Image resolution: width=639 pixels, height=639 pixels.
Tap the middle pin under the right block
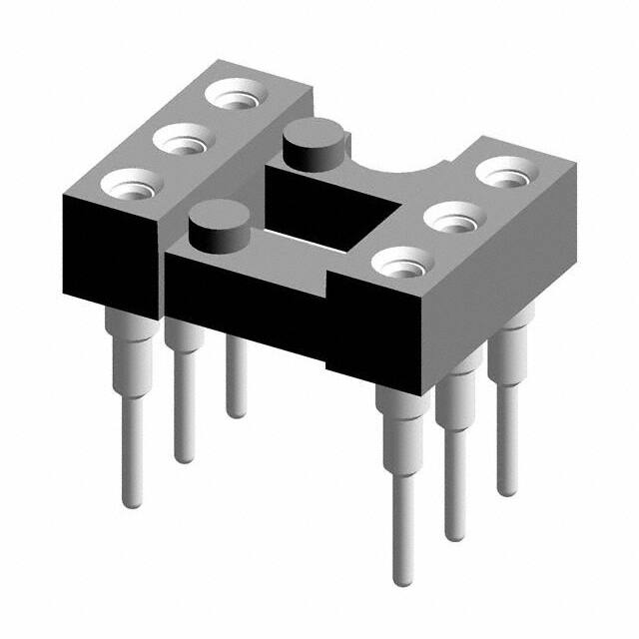(456, 449)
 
